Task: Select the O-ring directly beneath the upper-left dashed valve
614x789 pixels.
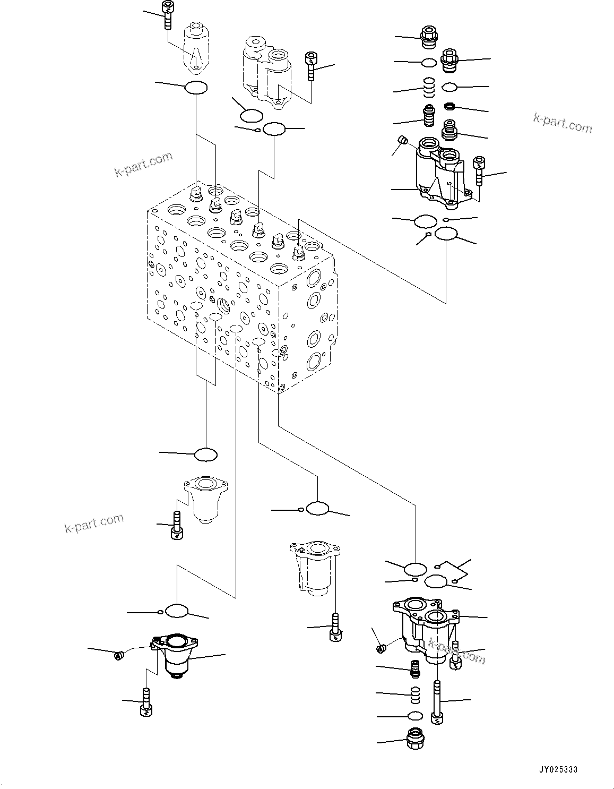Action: click(x=196, y=88)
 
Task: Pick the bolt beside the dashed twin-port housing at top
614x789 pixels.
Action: click(x=311, y=66)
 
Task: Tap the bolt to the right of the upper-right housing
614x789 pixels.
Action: click(x=479, y=170)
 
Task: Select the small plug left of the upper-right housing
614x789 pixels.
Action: click(x=403, y=141)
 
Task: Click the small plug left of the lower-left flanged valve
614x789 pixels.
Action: click(x=118, y=656)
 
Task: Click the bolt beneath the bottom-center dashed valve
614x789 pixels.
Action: click(x=334, y=628)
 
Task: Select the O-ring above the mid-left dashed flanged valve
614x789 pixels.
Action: click(x=206, y=454)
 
